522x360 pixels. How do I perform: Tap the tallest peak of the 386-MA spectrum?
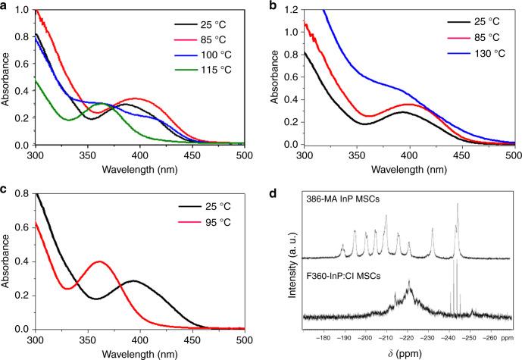coord(458,203)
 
